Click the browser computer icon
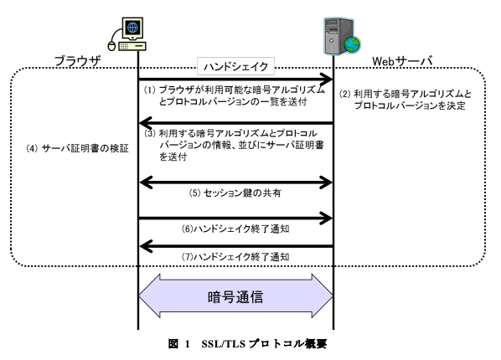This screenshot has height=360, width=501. click(128, 34)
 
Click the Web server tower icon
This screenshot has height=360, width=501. click(342, 36)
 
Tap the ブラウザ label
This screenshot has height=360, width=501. click(78, 60)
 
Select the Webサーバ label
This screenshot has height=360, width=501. click(402, 61)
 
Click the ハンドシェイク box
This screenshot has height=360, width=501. click(235, 66)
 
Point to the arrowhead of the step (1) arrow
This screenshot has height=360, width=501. click(327, 79)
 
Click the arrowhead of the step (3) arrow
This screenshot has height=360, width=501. click(146, 123)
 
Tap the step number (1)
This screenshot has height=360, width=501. click(149, 90)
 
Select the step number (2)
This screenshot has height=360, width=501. click(345, 94)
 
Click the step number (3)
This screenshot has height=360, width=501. click(149, 133)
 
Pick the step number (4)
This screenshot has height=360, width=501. click(32, 148)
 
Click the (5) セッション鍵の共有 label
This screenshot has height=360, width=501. click(235, 193)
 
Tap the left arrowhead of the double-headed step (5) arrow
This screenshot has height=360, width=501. click(146, 183)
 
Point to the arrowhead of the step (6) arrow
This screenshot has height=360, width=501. click(327, 219)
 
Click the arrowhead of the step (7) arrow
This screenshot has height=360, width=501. click(146, 246)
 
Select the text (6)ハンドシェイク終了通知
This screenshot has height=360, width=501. click(235, 229)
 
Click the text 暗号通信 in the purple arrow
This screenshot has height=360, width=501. click(235, 296)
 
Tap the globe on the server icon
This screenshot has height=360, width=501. click(353, 44)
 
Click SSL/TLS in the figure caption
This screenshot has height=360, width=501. click(224, 344)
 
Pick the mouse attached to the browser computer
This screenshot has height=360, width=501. click(111, 46)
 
